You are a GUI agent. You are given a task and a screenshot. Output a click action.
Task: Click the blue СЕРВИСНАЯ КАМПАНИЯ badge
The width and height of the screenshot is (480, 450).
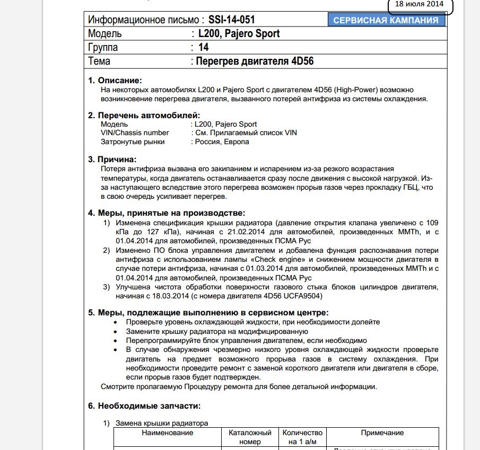(x=386, y=21)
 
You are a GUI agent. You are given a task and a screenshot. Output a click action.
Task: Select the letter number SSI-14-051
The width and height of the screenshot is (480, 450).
(x=231, y=20)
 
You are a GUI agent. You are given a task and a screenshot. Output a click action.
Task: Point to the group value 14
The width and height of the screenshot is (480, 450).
(x=203, y=47)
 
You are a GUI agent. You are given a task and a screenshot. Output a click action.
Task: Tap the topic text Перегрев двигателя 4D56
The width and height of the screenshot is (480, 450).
(x=255, y=61)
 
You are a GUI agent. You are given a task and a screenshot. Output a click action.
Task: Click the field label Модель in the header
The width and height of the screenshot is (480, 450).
(x=105, y=34)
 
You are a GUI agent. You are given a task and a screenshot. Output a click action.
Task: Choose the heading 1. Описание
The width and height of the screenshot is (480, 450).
(x=115, y=81)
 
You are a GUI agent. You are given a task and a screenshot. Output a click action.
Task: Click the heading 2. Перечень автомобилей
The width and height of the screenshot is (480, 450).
(x=144, y=115)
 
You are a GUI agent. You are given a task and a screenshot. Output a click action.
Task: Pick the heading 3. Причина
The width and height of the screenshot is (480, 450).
(x=112, y=159)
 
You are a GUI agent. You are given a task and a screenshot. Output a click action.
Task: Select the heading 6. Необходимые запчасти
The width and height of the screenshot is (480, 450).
(x=144, y=406)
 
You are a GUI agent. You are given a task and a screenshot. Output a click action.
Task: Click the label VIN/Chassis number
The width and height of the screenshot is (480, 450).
(x=135, y=133)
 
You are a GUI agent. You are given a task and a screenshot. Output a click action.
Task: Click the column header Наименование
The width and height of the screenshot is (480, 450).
(x=167, y=433)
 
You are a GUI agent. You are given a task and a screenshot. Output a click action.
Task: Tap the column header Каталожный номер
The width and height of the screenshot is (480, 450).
(x=250, y=437)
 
